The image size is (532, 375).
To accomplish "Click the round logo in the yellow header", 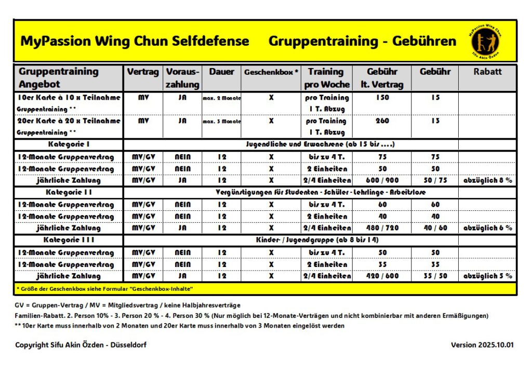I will [488, 41].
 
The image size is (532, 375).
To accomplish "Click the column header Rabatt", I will [487, 72].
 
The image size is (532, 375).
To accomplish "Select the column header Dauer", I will [221, 72].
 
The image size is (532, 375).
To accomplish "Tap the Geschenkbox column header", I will [271, 72].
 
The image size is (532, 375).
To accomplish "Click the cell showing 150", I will [382, 98].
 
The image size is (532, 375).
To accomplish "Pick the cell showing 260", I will [382, 121].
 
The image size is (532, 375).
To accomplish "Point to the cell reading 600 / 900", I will [382, 180].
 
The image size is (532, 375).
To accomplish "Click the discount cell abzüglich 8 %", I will [487, 180].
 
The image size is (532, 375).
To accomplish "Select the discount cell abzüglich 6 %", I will [487, 228].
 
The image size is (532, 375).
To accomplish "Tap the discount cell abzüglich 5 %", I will [487, 276].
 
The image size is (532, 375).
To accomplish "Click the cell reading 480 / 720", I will [382, 228].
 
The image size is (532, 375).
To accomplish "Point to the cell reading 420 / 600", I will [382, 276].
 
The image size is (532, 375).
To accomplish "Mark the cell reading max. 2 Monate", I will [221, 98].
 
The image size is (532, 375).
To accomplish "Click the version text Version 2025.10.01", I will [483, 345].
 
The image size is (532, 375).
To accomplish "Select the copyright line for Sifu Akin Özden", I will [81, 345].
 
